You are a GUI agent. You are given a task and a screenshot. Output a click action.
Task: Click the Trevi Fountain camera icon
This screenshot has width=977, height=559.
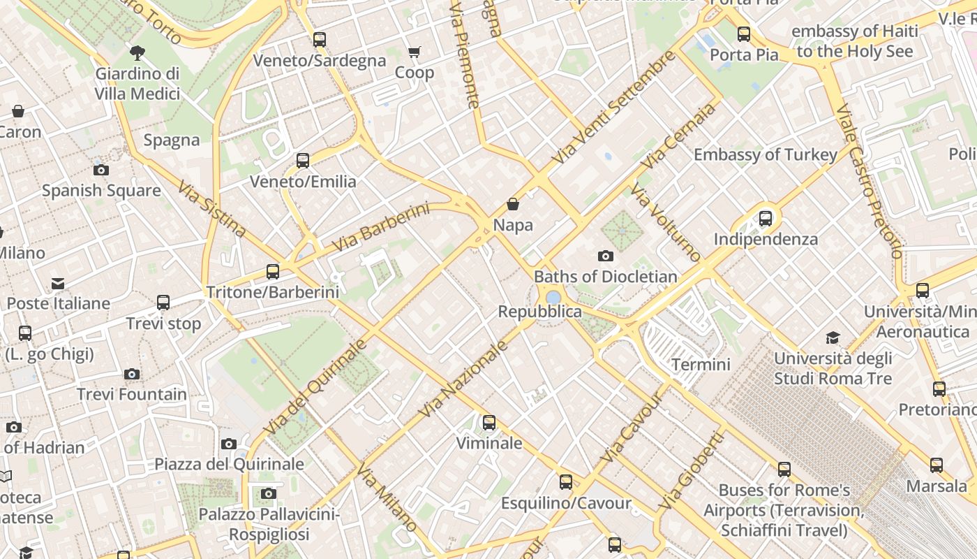point(132,375)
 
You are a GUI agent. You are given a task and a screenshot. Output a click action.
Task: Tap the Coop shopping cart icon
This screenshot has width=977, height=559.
point(415,52)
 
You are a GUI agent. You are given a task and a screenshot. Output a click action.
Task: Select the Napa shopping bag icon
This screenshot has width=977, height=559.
point(513,204)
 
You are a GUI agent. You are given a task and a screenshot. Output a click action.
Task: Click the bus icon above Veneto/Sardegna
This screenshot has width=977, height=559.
point(320,40)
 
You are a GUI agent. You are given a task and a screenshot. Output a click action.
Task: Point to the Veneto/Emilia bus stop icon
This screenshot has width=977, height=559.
point(303,161)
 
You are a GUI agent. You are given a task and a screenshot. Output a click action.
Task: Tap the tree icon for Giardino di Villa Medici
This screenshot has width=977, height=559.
point(137,52)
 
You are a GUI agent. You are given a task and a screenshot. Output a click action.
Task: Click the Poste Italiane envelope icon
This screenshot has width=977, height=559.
point(58,284)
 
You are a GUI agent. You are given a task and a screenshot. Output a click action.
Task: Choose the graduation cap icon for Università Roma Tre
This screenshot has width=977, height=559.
point(833,338)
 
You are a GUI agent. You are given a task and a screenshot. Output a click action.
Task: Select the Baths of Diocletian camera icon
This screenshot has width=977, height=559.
point(606,256)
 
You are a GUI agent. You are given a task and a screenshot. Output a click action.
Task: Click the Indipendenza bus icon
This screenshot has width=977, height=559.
point(766,219)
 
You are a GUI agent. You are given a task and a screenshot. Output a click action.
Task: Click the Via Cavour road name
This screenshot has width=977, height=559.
point(631,428)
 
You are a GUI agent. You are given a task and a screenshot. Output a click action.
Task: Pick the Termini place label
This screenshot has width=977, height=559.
point(701,364)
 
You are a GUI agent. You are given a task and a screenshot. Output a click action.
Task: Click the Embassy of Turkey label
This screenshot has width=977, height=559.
point(765,154)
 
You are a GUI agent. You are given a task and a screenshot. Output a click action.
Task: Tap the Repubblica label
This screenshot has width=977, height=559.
point(539,312)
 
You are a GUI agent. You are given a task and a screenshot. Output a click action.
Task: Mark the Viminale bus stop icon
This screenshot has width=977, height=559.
point(489,423)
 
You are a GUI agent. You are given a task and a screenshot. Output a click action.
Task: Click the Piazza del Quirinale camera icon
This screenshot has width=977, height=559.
point(229,444)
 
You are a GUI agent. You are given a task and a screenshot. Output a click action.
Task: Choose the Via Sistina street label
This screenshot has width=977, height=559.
point(211,209)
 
